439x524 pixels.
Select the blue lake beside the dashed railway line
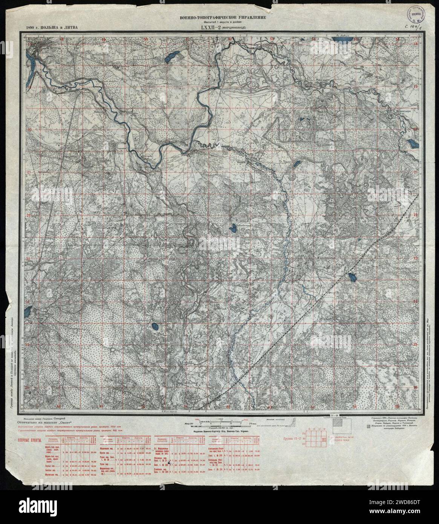pos(353,277)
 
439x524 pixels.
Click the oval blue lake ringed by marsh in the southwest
pos(154,326)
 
